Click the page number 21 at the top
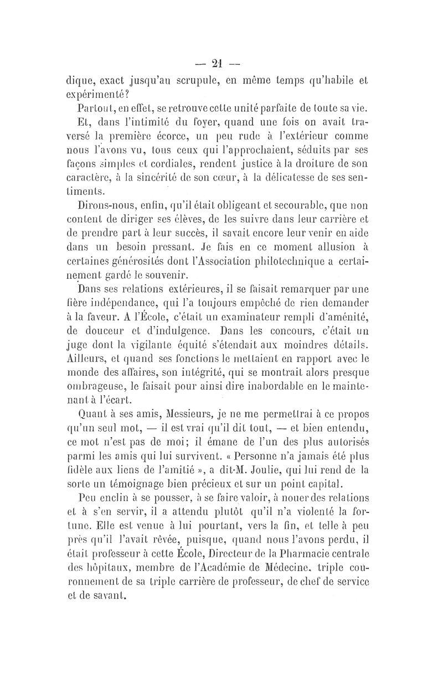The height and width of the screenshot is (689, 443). pos(221,61)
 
